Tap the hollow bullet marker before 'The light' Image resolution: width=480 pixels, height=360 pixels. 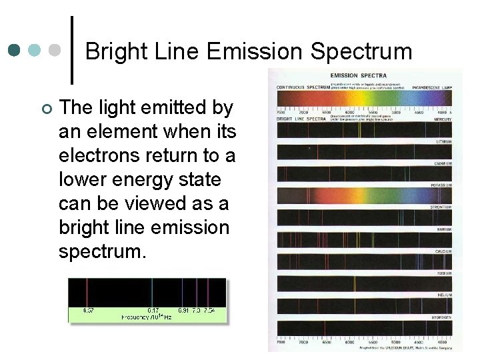(x=45, y=108)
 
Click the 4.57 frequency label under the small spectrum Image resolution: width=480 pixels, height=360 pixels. (x=87, y=311)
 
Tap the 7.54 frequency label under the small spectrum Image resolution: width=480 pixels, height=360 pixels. (x=209, y=311)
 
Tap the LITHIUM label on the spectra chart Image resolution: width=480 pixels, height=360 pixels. (x=443, y=141)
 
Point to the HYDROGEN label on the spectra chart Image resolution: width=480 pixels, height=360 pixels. (x=441, y=317)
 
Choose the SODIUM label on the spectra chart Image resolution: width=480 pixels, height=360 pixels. (x=443, y=273)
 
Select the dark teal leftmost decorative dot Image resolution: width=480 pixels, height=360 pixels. (x=15, y=50)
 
